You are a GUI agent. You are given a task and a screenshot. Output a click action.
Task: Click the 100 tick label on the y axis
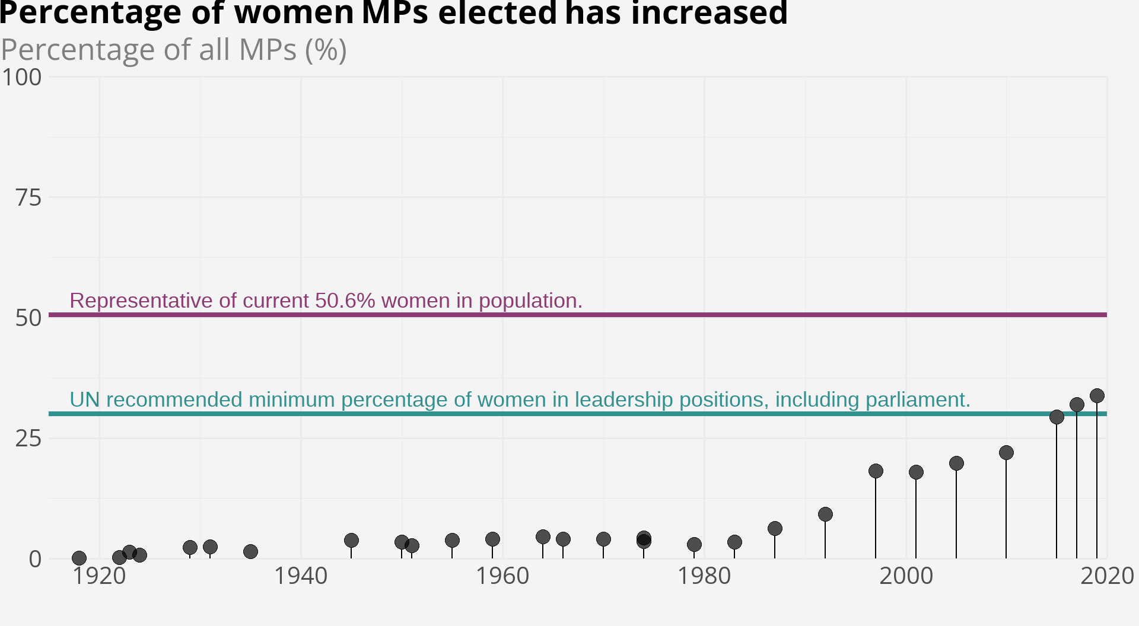[x=21, y=78]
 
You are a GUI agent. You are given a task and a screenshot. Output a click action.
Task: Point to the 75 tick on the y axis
[x=28, y=198]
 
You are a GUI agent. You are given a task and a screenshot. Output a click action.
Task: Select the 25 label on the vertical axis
[x=28, y=439]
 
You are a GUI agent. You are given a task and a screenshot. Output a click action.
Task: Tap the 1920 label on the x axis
[x=99, y=576]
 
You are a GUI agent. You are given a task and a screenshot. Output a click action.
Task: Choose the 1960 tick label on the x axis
[x=502, y=576]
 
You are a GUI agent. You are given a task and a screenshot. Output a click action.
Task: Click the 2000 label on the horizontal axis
[x=906, y=576]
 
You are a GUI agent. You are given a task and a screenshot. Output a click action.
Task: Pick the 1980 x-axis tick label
[x=704, y=576]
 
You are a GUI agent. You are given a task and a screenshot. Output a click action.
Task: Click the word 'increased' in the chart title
[x=709, y=13]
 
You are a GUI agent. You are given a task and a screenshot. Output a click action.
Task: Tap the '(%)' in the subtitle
[x=326, y=50]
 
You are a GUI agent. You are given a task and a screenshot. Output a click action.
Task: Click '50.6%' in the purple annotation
[x=345, y=301]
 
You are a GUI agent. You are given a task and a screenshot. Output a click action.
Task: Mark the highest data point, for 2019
[x=1097, y=395]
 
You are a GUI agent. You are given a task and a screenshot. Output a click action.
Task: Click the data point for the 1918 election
[x=79, y=558]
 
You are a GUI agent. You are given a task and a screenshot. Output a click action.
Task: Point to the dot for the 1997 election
[x=876, y=471]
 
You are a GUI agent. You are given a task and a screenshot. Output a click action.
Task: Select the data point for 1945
[x=351, y=540]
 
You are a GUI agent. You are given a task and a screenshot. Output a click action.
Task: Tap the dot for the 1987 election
[x=775, y=528]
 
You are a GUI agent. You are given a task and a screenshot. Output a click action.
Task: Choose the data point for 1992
[x=825, y=514]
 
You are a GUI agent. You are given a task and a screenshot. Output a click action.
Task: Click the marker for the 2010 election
[x=1006, y=452]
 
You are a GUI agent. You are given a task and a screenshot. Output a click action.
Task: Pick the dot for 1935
[x=250, y=551]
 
